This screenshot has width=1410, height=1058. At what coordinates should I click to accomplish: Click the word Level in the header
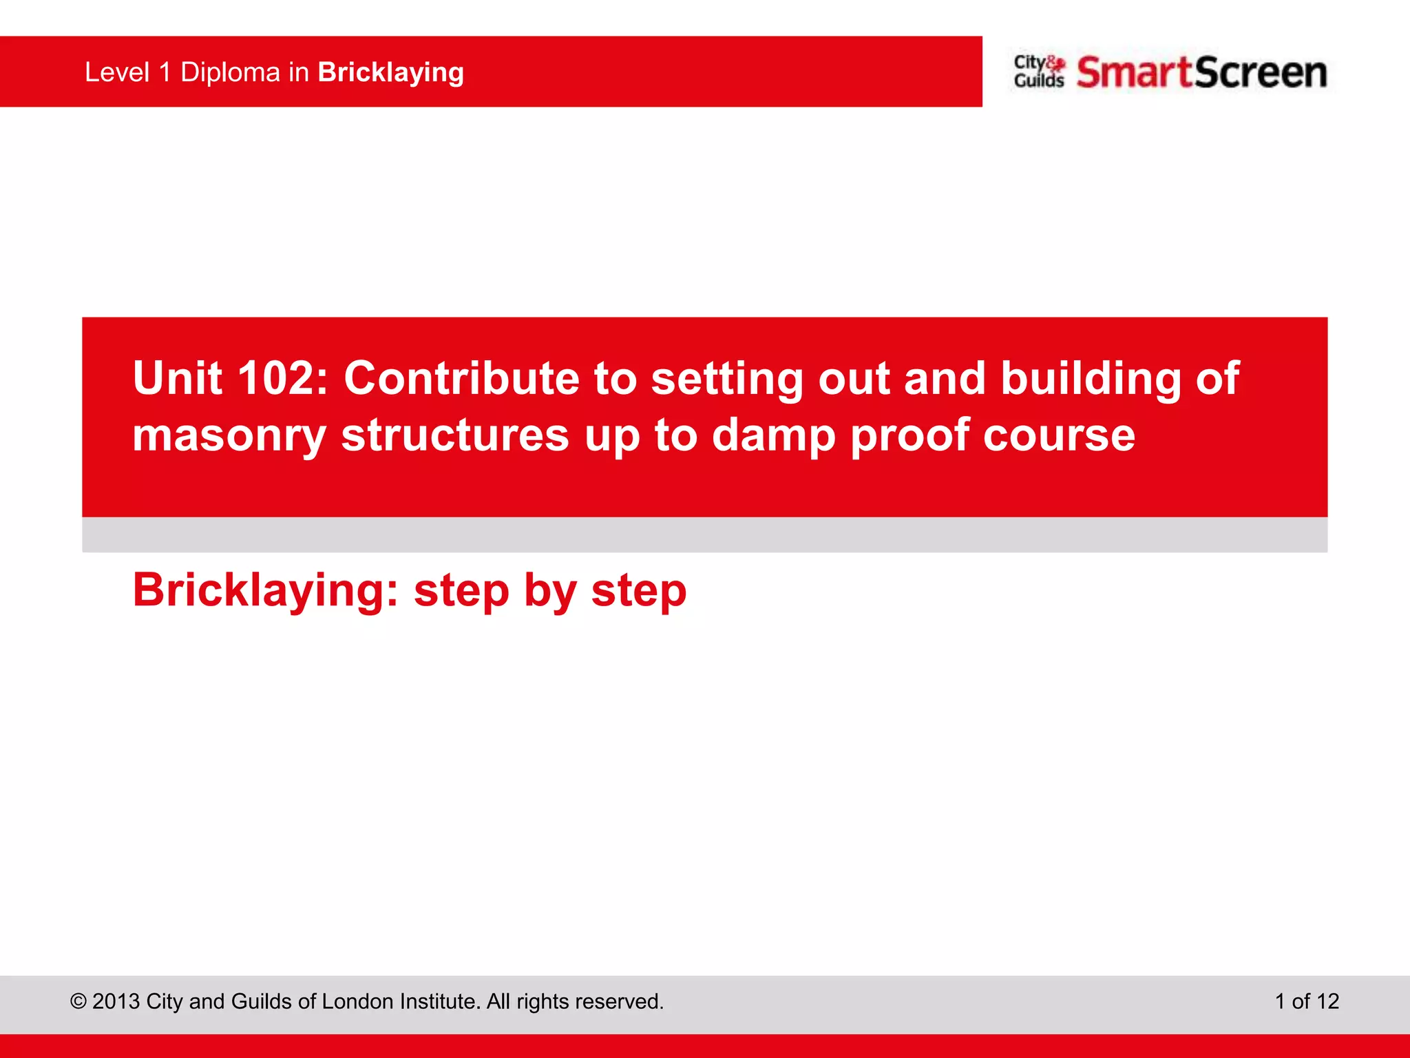coord(117,72)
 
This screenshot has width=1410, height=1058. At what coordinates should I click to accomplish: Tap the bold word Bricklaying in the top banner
coord(390,73)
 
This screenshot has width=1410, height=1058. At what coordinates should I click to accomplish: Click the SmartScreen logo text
coord(1201,72)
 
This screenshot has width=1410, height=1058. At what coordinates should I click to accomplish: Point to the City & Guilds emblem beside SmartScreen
coord(1039,72)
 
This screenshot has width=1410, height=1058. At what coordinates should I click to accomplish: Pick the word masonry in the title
coord(229,436)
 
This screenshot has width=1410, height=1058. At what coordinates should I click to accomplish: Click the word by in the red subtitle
coord(549,591)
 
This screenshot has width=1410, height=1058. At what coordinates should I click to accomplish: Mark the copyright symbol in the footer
coord(78,1002)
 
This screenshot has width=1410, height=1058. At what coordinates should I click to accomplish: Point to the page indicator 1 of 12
coord(1306,1002)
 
